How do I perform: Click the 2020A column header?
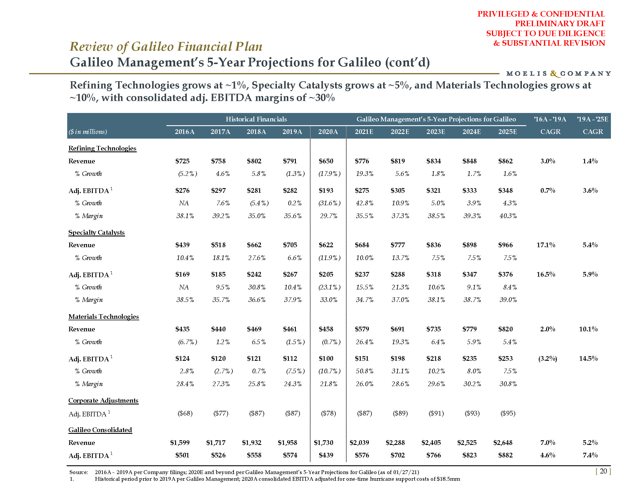coord(328,132)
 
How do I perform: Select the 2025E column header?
coord(508,132)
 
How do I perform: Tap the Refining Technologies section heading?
coord(102,148)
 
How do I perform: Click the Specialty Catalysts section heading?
coord(96,233)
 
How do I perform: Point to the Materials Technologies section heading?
coord(104,317)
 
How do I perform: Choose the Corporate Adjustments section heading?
coord(103,401)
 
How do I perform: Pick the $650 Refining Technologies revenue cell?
coord(326,161)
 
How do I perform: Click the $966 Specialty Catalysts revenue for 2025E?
coord(505,245)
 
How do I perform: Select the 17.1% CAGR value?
coord(546,245)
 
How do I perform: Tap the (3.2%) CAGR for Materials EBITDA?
coord(547,358)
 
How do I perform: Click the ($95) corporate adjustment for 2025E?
coord(508,413)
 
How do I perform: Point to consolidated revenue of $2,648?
coord(503,443)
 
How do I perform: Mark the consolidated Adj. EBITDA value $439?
coord(326,455)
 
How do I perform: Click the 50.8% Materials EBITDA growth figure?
coord(364,371)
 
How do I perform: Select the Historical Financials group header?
coord(256,119)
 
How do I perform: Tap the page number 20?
coord(603,471)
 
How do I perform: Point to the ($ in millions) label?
coord(88,132)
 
